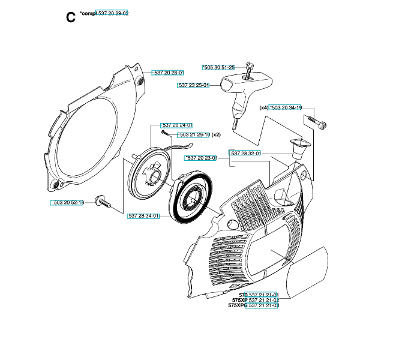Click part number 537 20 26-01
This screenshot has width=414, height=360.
(x=167, y=73)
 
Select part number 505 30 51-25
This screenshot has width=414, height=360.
(x=218, y=67)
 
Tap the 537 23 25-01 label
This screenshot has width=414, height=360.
(x=193, y=85)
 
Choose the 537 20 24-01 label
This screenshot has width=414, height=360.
(x=176, y=125)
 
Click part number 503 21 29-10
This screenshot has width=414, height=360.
(x=194, y=135)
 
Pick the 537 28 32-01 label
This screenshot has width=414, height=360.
(x=244, y=153)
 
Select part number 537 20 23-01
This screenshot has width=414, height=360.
(x=200, y=158)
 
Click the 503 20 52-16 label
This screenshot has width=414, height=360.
(x=67, y=203)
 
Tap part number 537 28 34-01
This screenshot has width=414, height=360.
(x=143, y=216)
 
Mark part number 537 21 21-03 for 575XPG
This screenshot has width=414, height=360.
(x=262, y=305)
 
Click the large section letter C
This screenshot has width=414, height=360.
(x=71, y=17)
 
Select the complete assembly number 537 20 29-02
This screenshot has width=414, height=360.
(x=112, y=13)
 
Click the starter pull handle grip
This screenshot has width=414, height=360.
(x=245, y=85)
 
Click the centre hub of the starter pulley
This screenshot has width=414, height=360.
(x=154, y=175)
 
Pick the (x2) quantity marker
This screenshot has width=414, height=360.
(x=216, y=135)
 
